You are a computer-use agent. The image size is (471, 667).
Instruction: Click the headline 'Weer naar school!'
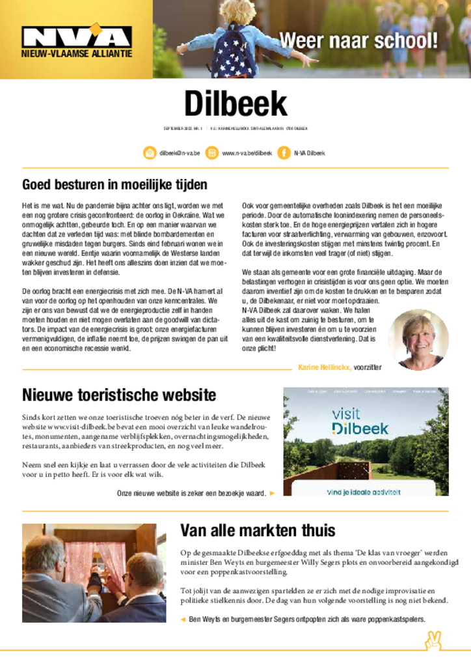[x=358, y=41]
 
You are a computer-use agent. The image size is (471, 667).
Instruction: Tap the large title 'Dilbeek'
[x=235, y=104]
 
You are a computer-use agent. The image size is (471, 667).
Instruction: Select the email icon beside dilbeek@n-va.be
[x=149, y=153]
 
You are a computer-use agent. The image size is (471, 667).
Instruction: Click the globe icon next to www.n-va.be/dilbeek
[x=211, y=153]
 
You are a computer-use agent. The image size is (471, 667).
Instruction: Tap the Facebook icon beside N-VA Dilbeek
[x=284, y=153]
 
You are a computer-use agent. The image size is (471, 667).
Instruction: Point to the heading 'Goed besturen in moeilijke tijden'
[x=114, y=184]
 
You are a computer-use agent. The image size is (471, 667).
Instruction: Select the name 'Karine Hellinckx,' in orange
[x=325, y=367]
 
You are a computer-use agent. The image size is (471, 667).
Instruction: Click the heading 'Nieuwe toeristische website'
[x=119, y=395]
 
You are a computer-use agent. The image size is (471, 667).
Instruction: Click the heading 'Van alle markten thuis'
[x=258, y=530]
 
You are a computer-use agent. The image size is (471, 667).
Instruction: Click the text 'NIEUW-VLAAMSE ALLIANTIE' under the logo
[x=77, y=53]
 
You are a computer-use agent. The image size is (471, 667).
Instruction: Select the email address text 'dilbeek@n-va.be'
[x=180, y=153]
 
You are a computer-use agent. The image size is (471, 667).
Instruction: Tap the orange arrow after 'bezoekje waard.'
[x=272, y=493]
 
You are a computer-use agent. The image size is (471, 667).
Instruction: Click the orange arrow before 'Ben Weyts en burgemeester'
[x=183, y=619]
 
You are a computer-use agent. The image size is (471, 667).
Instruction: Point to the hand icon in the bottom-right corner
[x=433, y=640]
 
